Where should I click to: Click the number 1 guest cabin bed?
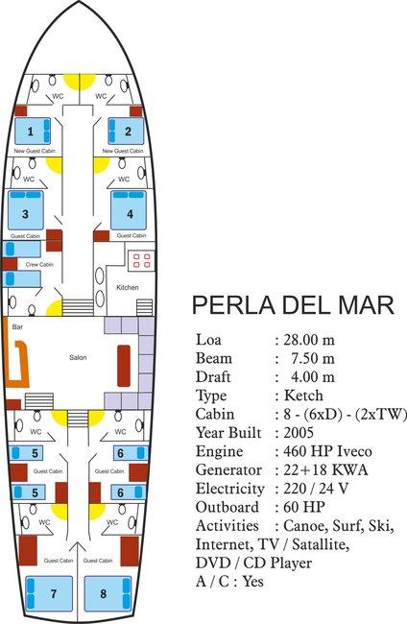point(32,132)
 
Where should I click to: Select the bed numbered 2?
point(125,132)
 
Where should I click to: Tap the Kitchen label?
point(129,288)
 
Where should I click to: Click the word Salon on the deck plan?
point(78,357)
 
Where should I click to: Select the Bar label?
point(17,327)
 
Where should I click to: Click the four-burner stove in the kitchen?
point(143,259)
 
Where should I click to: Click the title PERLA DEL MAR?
point(293,305)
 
